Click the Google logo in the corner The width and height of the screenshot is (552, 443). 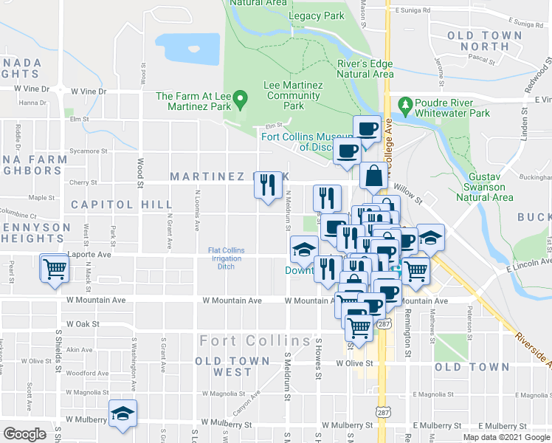point(24,434)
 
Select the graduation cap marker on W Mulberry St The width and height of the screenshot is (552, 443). point(123,413)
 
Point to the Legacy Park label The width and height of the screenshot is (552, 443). point(317,16)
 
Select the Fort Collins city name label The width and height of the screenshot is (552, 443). point(255,341)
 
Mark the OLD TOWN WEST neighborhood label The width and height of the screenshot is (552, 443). point(223,366)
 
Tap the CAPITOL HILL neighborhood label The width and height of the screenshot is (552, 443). point(111,204)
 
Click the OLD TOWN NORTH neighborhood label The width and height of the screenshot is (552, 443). point(484,41)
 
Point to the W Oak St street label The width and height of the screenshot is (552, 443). point(83,323)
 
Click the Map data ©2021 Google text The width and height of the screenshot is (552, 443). point(506,436)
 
